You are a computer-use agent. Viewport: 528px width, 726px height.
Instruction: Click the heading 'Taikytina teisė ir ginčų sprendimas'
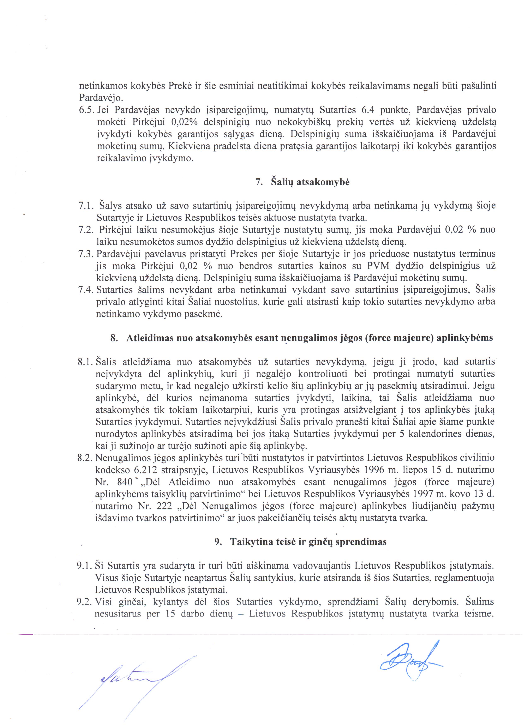[x=308, y=542]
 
